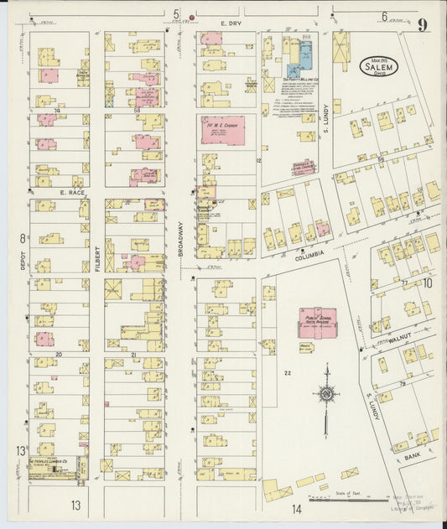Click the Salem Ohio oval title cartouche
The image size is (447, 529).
379,65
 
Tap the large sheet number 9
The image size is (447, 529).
424,24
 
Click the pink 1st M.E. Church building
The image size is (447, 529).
222,130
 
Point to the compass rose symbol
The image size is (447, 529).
325,393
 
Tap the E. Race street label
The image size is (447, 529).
73,192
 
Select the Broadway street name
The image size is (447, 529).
180,238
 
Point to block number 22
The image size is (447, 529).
288,371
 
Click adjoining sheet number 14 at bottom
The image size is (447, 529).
296,508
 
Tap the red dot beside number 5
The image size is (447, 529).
192,16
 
